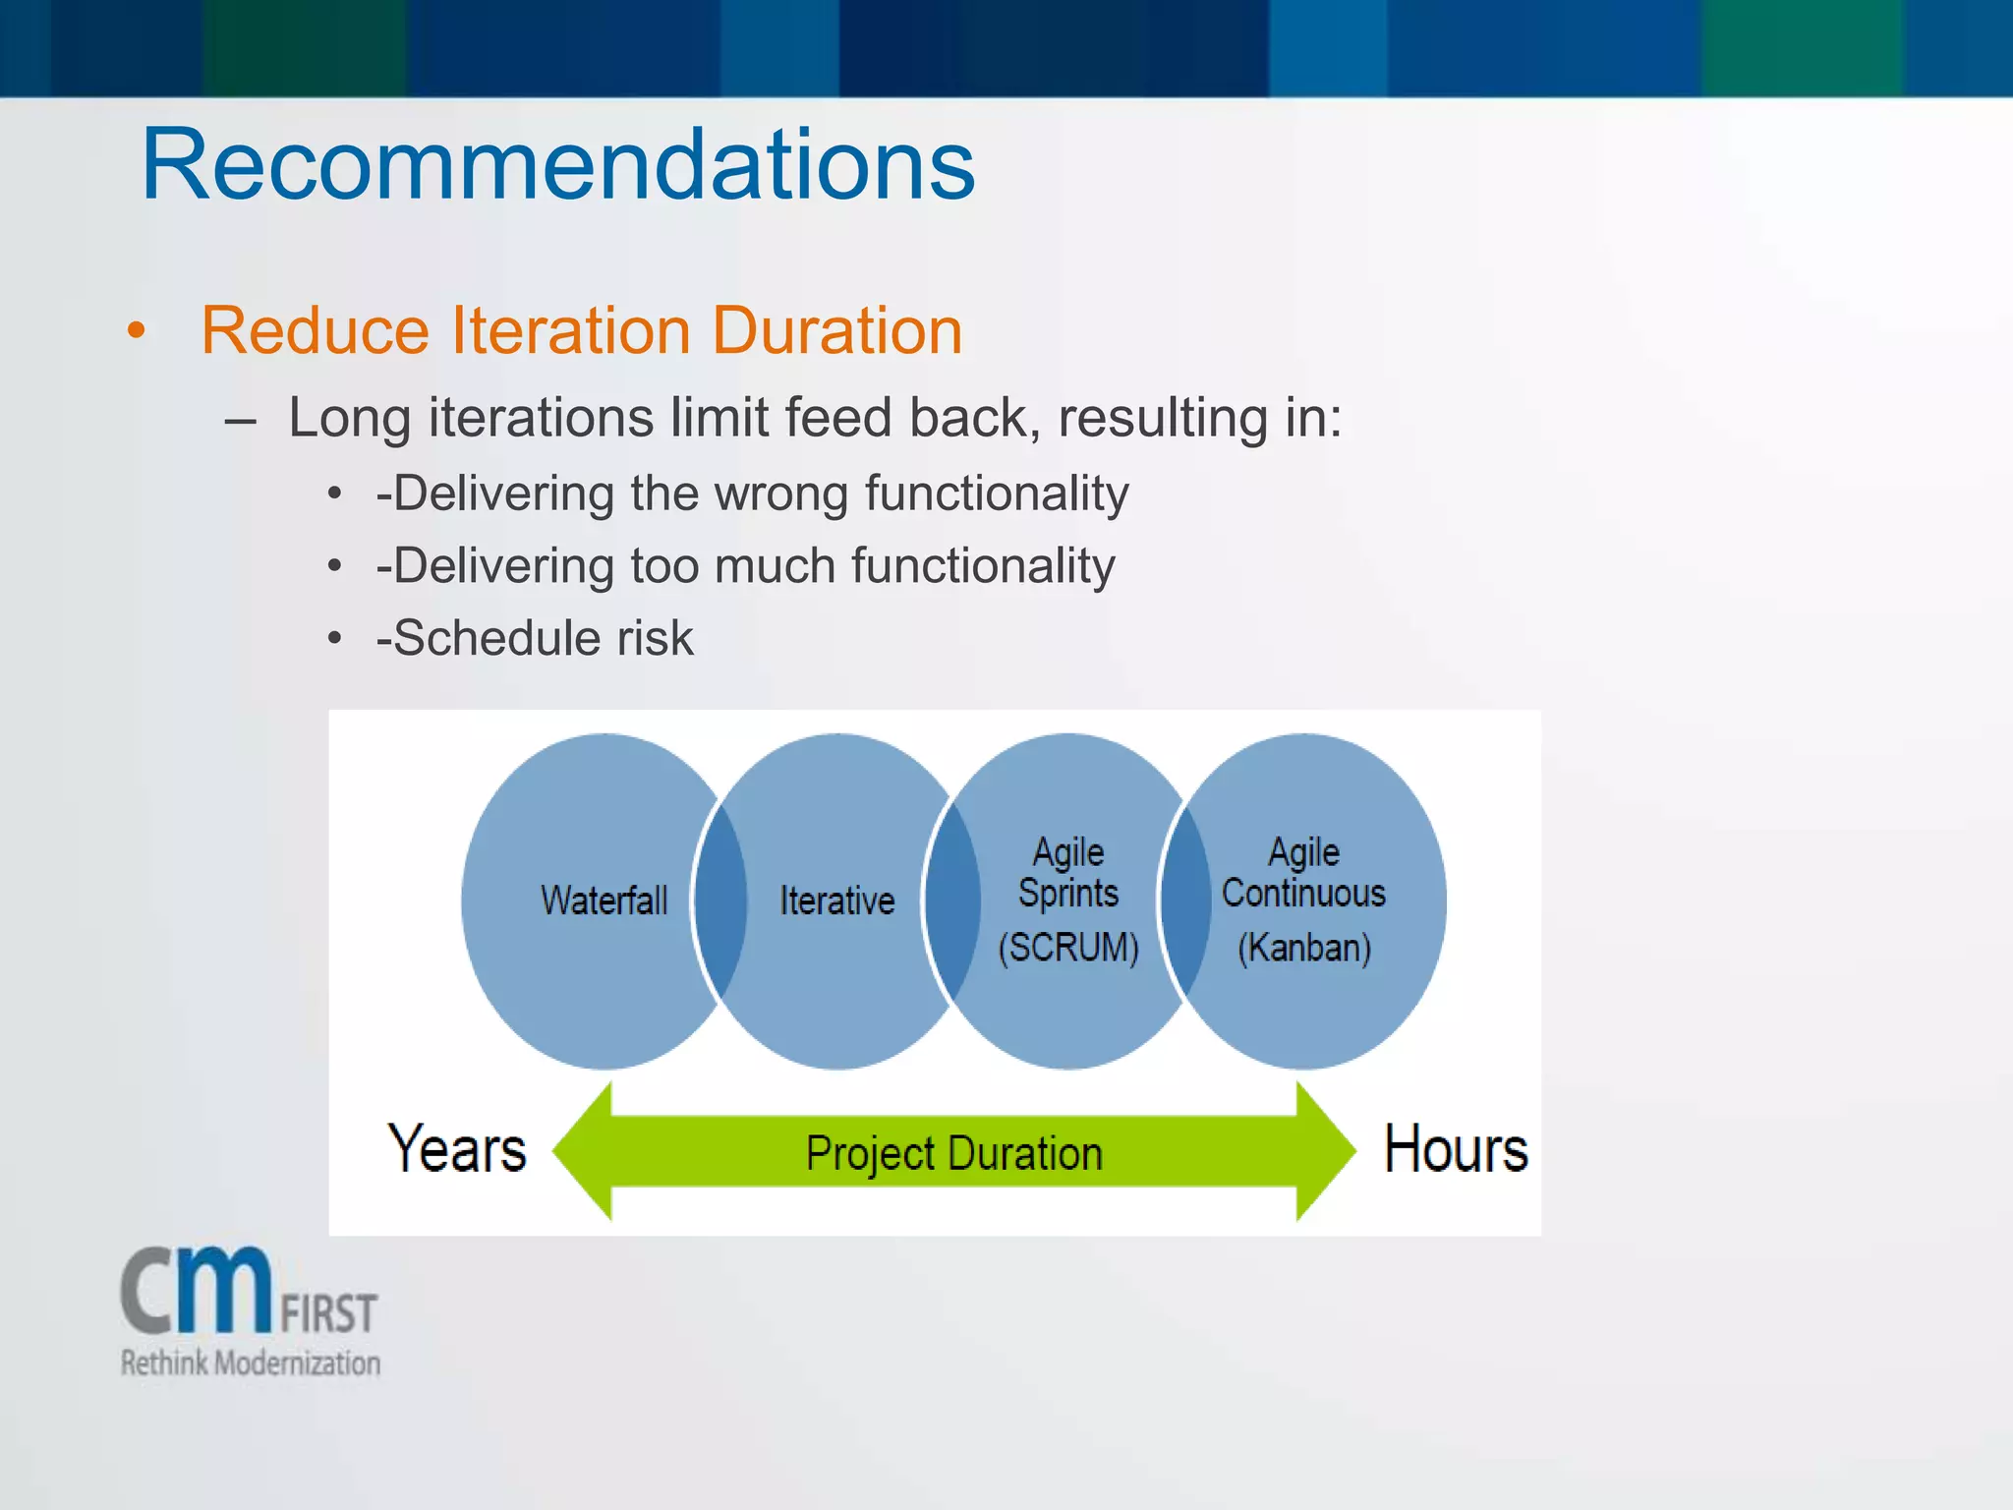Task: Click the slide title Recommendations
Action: click(557, 165)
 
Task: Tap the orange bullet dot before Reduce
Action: click(137, 331)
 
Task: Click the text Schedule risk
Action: click(544, 638)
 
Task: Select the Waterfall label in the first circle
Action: click(604, 900)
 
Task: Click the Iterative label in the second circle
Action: click(836, 900)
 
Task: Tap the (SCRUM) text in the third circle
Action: click(1068, 948)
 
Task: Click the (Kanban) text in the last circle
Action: click(1303, 948)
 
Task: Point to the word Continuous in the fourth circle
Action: click(1303, 894)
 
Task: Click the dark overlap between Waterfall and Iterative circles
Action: click(720, 900)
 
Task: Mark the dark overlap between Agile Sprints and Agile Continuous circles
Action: click(1185, 900)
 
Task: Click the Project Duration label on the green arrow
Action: click(953, 1153)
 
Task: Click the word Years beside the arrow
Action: click(457, 1149)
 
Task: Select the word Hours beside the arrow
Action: click(1456, 1149)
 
